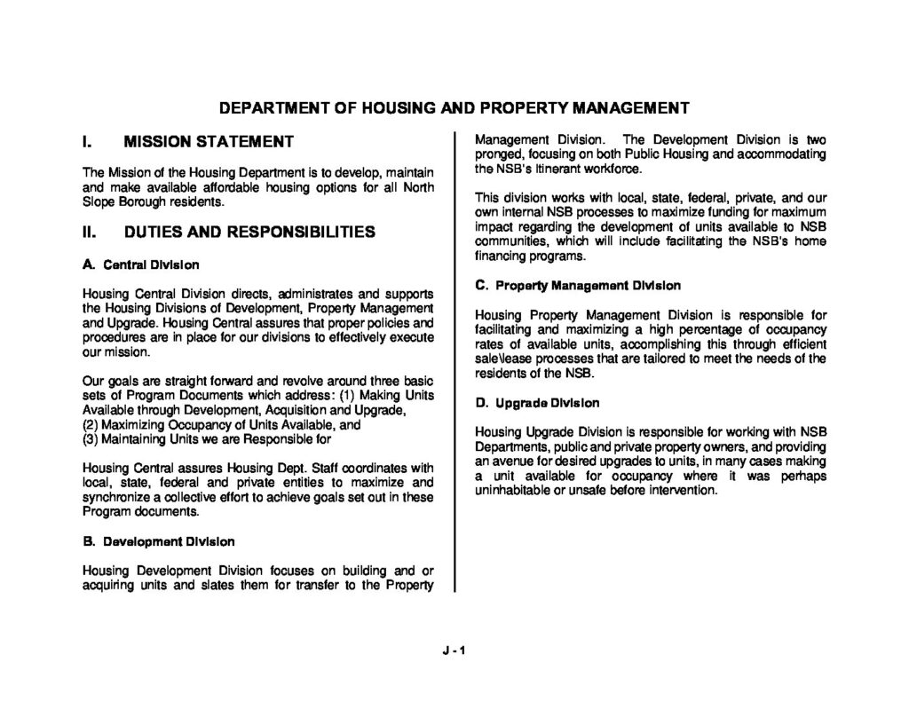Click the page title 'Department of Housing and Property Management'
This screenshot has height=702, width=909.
point(454,109)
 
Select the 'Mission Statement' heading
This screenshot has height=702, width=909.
point(209,141)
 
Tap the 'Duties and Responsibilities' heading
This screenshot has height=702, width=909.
point(249,233)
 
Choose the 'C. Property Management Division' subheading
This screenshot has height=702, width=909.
point(578,286)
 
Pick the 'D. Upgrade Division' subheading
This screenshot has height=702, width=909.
point(537,403)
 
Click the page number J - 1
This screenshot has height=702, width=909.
point(454,650)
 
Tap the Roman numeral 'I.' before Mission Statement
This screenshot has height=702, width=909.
point(87,141)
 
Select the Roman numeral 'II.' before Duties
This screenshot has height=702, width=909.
point(90,233)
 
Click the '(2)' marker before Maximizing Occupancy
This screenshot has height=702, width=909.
point(90,424)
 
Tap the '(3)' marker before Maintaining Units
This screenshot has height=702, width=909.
point(90,438)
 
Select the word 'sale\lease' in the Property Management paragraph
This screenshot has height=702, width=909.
point(504,359)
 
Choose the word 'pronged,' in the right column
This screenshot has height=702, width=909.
point(501,154)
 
